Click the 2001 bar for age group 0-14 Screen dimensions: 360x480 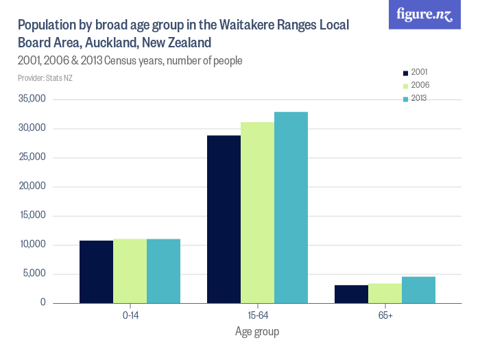tap(96, 272)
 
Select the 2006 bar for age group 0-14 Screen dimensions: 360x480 tap(130, 271)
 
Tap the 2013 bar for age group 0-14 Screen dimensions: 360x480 tap(163, 271)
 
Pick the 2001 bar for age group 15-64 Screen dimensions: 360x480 tap(224, 219)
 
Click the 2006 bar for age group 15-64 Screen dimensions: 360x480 tap(257, 213)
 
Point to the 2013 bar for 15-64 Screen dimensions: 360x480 tap(291, 207)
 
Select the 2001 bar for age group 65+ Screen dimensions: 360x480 tap(351, 294)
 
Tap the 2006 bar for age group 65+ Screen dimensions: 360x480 tap(385, 293)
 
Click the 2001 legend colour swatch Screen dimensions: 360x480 tap(405, 72)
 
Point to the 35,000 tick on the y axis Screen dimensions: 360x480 tap(33, 99)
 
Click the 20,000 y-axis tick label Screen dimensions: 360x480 tap(33, 187)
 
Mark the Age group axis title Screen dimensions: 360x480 tap(257, 332)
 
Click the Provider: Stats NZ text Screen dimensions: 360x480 tap(45, 77)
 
